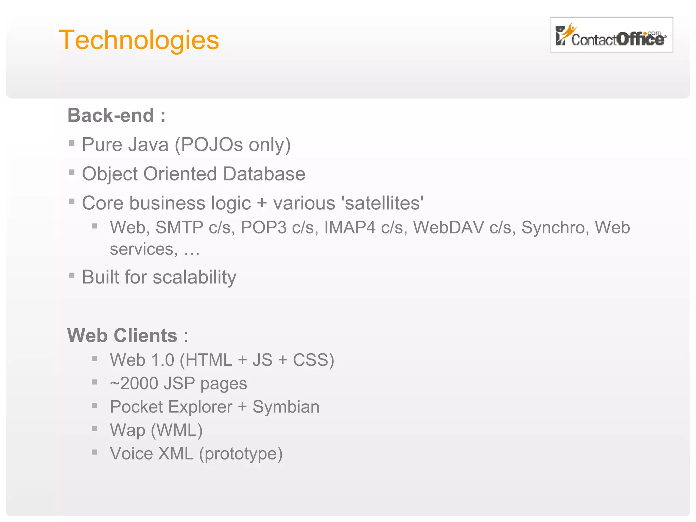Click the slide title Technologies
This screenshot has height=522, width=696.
[x=139, y=40]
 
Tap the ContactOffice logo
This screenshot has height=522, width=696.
[x=611, y=35]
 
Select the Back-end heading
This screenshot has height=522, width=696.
[x=117, y=115]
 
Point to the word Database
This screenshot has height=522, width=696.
[x=264, y=174]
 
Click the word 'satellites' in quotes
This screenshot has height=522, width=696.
[x=384, y=203]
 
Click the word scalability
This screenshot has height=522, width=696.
[x=194, y=277]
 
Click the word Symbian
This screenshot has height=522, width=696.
[x=286, y=407]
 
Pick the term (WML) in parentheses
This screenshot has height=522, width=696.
[x=177, y=430]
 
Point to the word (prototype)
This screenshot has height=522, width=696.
[x=241, y=453]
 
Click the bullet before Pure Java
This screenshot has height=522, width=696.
[x=71, y=143]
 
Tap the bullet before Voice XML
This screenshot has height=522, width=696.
[x=94, y=452]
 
